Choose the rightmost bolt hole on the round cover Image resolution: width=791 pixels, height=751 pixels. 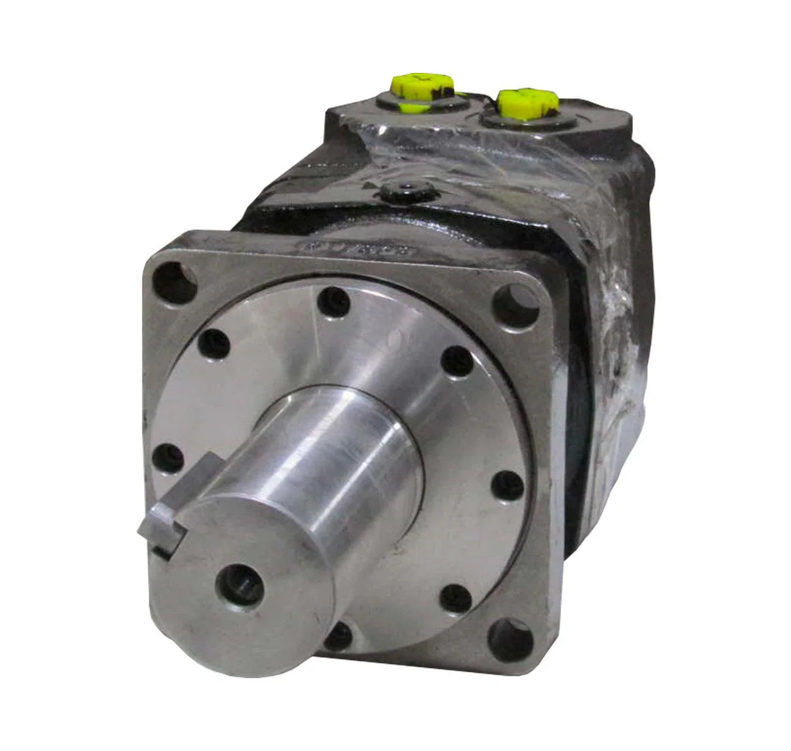tap(507, 485)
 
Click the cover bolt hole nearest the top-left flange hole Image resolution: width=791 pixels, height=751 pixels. tap(214, 343)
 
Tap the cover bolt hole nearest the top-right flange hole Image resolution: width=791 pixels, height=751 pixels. tap(459, 361)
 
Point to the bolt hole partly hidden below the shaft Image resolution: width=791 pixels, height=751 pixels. tap(339, 636)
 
